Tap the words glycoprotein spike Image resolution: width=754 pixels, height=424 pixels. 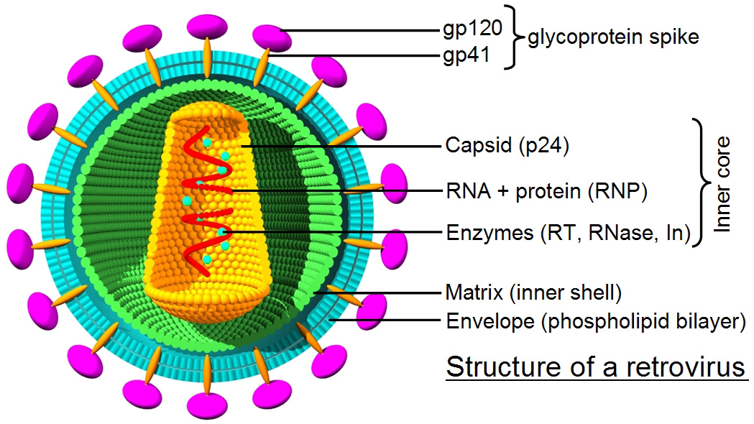tap(613, 37)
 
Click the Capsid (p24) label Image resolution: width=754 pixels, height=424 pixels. tap(507, 146)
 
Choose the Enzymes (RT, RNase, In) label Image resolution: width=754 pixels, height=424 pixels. tap(568, 233)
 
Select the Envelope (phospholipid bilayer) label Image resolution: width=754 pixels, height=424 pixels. tap(595, 321)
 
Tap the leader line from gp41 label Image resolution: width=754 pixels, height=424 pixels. tap(359, 55)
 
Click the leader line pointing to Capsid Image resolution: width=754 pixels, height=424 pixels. tap(345, 146)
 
